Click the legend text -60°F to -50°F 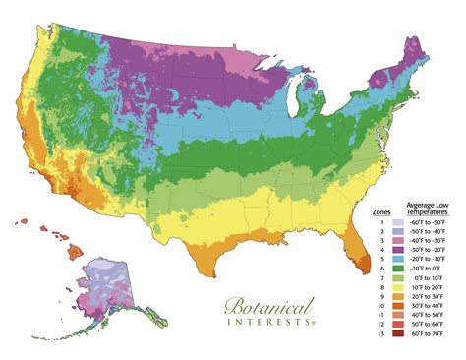point(430,223)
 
